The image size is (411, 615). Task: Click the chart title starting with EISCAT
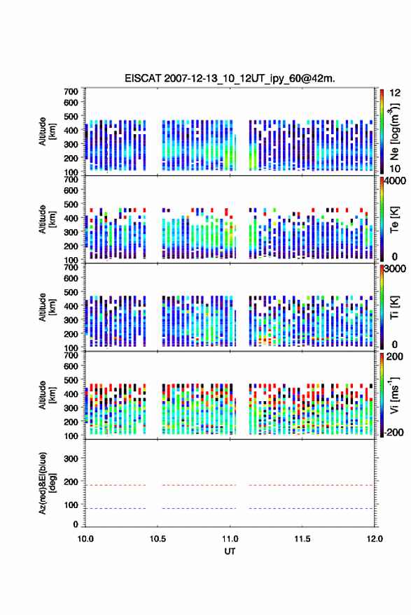(x=230, y=78)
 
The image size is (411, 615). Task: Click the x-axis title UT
(x=230, y=551)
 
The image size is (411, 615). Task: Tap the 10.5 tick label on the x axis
(x=158, y=539)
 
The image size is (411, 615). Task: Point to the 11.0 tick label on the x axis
(x=230, y=539)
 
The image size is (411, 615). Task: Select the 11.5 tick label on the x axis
(x=302, y=539)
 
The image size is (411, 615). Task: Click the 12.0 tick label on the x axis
(x=375, y=539)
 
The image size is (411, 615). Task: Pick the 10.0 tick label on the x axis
(x=85, y=539)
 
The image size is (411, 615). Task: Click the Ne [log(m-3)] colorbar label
(x=394, y=131)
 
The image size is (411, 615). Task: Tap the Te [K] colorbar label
(x=394, y=219)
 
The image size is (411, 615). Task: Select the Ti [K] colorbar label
(x=394, y=307)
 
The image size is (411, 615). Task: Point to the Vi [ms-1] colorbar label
(x=394, y=396)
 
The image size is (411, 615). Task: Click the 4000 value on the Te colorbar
(x=396, y=181)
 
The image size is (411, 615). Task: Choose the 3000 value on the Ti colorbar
(x=396, y=268)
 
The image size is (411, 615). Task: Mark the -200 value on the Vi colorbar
(x=394, y=432)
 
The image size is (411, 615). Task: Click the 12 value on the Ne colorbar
(x=396, y=93)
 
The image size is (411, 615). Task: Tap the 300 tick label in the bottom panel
(x=71, y=458)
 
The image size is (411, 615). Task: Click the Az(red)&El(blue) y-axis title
(x=47, y=483)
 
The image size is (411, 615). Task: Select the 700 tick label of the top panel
(x=71, y=92)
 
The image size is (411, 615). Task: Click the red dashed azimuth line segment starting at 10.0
(x=116, y=485)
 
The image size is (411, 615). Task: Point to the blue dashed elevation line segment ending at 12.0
(x=311, y=508)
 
